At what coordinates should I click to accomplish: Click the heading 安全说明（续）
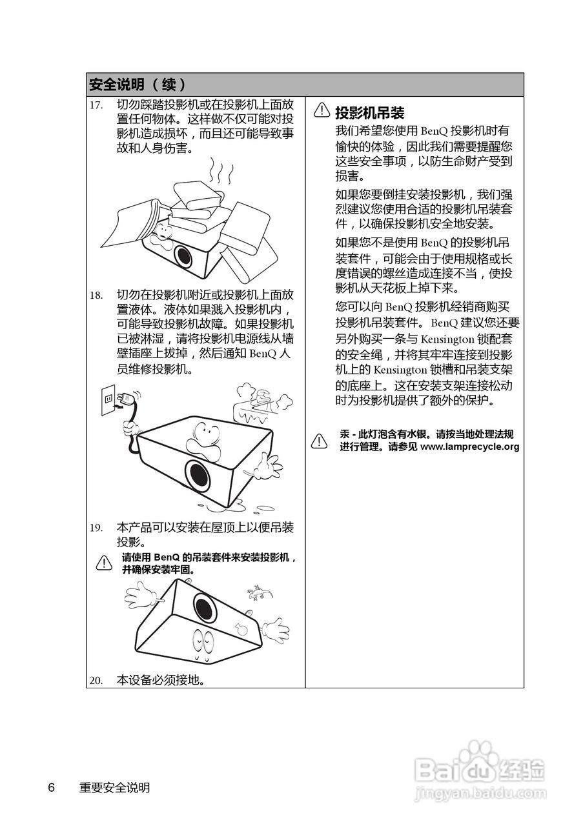coord(138,85)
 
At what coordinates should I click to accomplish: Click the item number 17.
coord(96,105)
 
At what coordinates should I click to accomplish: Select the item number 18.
coord(96,296)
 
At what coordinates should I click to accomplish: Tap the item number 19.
coord(96,528)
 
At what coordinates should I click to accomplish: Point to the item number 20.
coord(96,680)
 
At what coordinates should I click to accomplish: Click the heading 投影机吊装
coord(369,112)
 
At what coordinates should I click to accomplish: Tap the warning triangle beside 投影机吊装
coord(322,111)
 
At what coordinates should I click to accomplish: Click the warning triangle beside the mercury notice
coord(319,441)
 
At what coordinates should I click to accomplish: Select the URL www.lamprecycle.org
coord(469,447)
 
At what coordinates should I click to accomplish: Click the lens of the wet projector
coord(198,476)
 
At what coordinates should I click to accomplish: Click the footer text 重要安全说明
coord(114,788)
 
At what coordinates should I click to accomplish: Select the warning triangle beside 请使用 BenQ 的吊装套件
coord(104,563)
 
